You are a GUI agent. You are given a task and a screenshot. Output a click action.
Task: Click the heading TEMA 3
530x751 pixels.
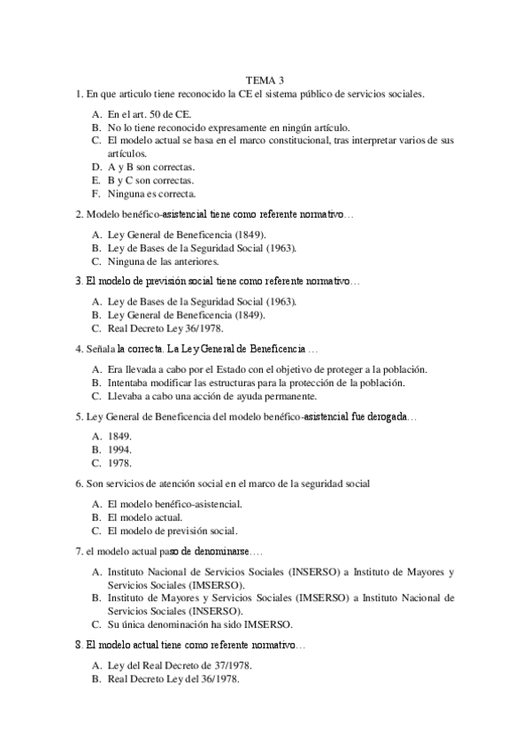265,81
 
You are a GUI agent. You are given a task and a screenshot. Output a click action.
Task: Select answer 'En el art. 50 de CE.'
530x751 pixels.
149,114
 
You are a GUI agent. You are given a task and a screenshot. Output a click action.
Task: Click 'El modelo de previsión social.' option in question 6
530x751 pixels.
173,530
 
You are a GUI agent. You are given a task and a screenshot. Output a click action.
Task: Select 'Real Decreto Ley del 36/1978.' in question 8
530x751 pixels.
173,679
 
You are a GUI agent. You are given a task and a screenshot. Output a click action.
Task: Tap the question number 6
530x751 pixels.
79,483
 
